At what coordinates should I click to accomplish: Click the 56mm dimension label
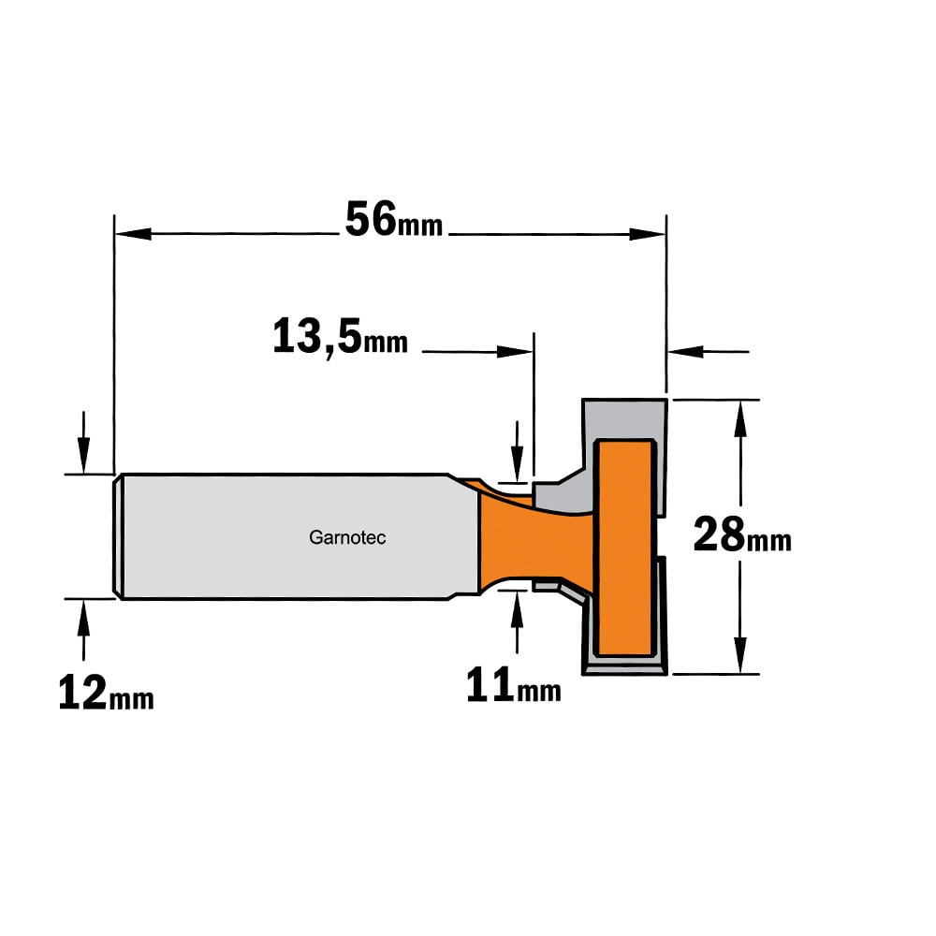click(394, 220)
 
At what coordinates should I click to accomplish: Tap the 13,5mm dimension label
click(341, 337)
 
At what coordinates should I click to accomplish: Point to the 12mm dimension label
click(107, 694)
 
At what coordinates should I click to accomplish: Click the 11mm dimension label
click(513, 686)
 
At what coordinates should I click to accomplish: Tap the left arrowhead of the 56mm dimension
click(133, 233)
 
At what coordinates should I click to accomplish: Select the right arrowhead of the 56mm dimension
click(648, 233)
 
